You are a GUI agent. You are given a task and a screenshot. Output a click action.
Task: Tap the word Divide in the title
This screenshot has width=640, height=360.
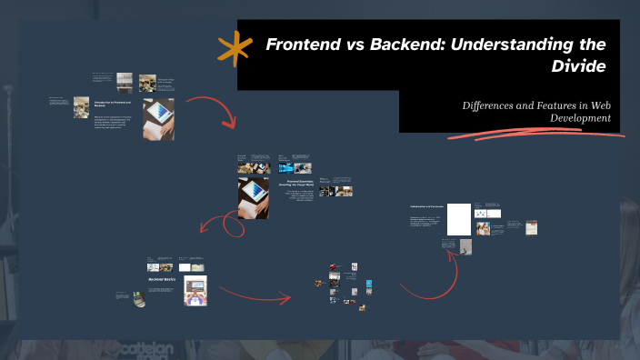click(579, 66)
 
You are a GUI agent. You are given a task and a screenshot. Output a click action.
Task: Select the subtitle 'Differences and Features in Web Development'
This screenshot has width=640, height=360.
click(536, 112)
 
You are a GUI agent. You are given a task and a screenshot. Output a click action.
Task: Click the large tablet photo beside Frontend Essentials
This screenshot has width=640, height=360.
click(253, 197)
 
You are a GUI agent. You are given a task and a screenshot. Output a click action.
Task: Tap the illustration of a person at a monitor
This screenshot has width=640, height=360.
click(195, 290)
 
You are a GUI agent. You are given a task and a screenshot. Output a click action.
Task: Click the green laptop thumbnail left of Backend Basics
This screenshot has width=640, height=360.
click(138, 299)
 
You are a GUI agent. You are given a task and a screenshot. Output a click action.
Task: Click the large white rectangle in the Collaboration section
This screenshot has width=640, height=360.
click(459, 219)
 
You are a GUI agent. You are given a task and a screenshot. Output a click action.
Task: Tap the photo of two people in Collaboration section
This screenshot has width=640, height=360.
click(483, 228)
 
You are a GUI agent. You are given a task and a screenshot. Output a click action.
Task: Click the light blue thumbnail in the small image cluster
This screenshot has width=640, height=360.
click(368, 284)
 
